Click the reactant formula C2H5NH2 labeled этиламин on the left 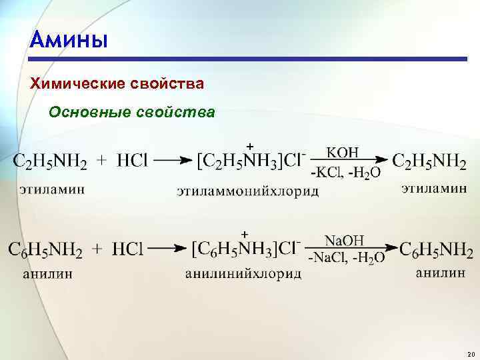pyautogui.click(x=50, y=162)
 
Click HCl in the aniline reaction pyautogui.click(x=128, y=251)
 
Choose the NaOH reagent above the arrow pyautogui.click(x=344, y=240)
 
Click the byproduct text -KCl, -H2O pyautogui.click(x=345, y=173)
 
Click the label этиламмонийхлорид pyautogui.click(x=247, y=192)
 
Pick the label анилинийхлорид pyautogui.click(x=243, y=273)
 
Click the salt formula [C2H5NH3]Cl pyautogui.click(x=251, y=161)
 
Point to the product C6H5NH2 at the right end pyautogui.click(x=437, y=251)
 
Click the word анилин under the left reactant pyautogui.click(x=47, y=273)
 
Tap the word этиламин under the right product pyautogui.click(x=433, y=189)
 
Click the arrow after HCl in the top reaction pyautogui.click(x=175, y=161)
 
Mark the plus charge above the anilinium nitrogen pyautogui.click(x=245, y=234)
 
